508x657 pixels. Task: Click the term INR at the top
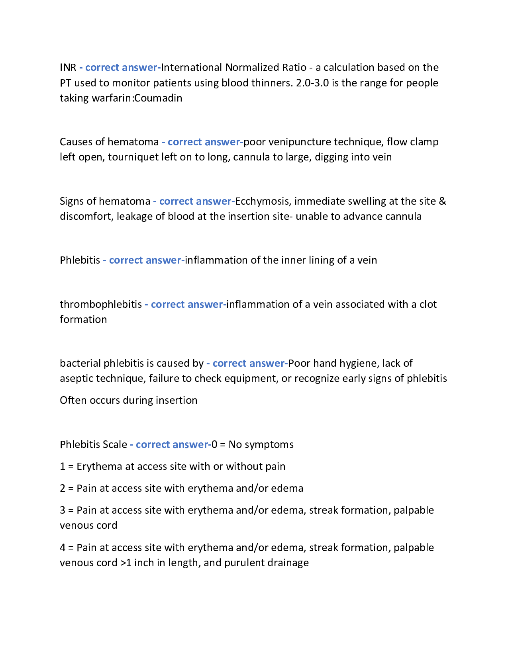pos(68,67)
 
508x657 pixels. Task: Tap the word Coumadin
pos(158,98)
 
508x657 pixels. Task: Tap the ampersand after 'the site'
pos(442,201)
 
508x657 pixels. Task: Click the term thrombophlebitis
pos(101,304)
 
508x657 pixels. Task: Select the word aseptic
pos(76,378)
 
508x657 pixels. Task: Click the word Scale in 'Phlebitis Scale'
pos(115,444)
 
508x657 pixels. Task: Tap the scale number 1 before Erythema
pos(63,466)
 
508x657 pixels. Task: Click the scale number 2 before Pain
pos(63,488)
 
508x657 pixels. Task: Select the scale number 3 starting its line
pos(63,510)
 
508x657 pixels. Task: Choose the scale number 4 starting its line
pos(63,547)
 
